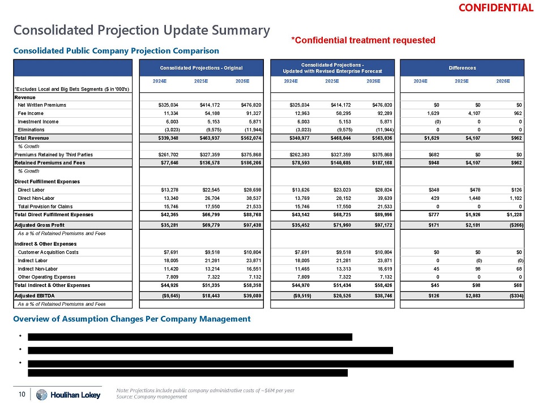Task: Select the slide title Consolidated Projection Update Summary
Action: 142,30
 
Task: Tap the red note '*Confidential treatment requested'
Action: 363,40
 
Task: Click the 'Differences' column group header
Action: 463,68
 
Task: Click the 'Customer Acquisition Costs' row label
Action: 49,252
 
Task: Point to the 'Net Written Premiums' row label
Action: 42,105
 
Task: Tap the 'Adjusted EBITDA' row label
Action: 35,295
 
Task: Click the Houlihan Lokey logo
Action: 68,394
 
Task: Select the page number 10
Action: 21,394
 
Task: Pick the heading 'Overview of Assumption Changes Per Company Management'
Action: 132,319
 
